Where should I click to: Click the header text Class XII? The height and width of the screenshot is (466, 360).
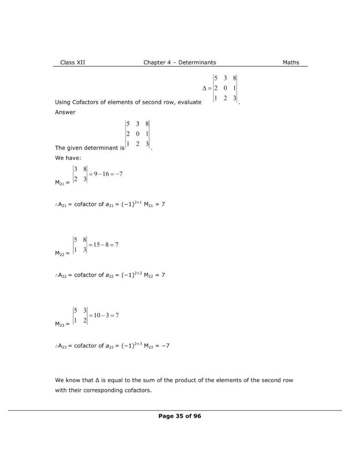pyautogui.click(x=72, y=62)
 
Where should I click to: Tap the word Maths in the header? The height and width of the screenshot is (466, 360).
pyautogui.click(x=291, y=62)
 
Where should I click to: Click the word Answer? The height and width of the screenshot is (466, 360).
pyautogui.click(x=65, y=112)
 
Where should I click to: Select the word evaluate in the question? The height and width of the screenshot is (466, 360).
pyautogui.click(x=187, y=102)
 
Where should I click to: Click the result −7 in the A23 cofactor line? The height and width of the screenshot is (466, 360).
pyautogui.click(x=165, y=346)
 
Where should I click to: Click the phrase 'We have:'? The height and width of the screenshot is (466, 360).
pyautogui.click(x=68, y=158)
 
